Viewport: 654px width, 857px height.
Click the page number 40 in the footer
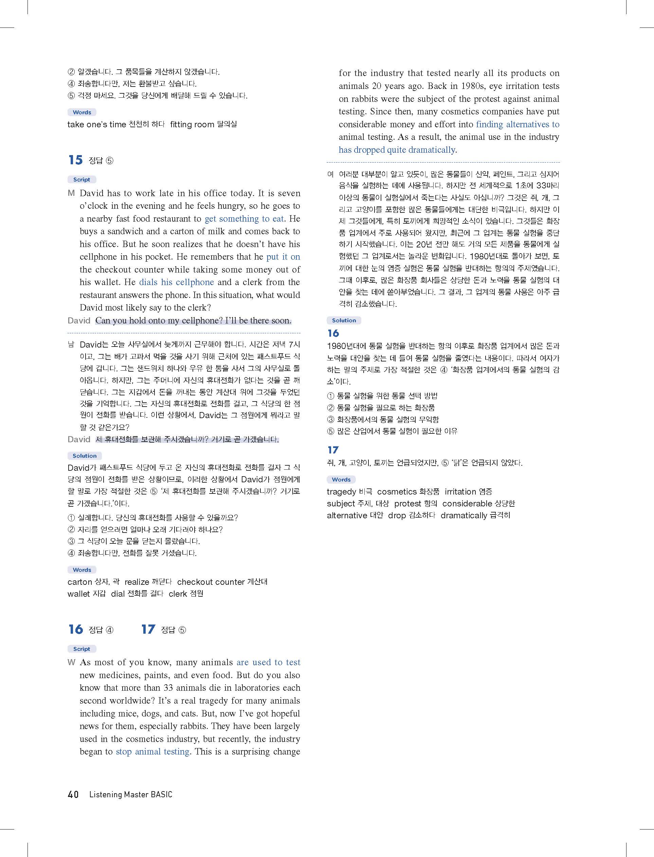click(73, 794)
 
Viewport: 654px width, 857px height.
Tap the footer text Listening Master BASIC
click(131, 794)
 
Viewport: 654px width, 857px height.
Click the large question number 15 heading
click(75, 160)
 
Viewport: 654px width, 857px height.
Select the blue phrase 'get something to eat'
click(244, 219)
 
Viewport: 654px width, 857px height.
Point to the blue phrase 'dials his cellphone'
click(176, 282)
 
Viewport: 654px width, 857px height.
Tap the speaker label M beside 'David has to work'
click(71, 193)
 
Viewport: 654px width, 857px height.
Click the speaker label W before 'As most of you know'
click(71, 662)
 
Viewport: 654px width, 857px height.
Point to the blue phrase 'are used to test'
click(268, 662)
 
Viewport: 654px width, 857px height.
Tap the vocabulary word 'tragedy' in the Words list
click(341, 492)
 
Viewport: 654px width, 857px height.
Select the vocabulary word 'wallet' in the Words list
click(81, 594)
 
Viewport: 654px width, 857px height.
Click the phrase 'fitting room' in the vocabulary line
click(192, 125)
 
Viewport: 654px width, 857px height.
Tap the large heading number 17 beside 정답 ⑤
click(148, 629)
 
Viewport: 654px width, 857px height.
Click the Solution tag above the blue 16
click(344, 320)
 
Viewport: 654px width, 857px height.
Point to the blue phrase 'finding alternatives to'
click(517, 125)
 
